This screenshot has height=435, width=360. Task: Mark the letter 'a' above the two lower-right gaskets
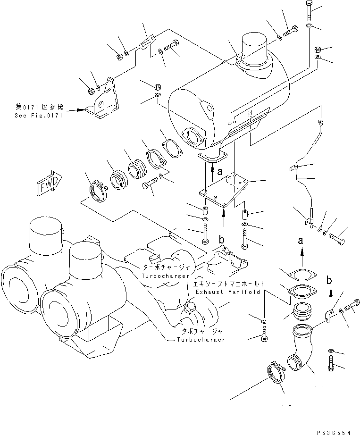pos(301,241)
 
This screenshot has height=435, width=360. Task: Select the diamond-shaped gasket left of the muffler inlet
pos(172,149)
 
